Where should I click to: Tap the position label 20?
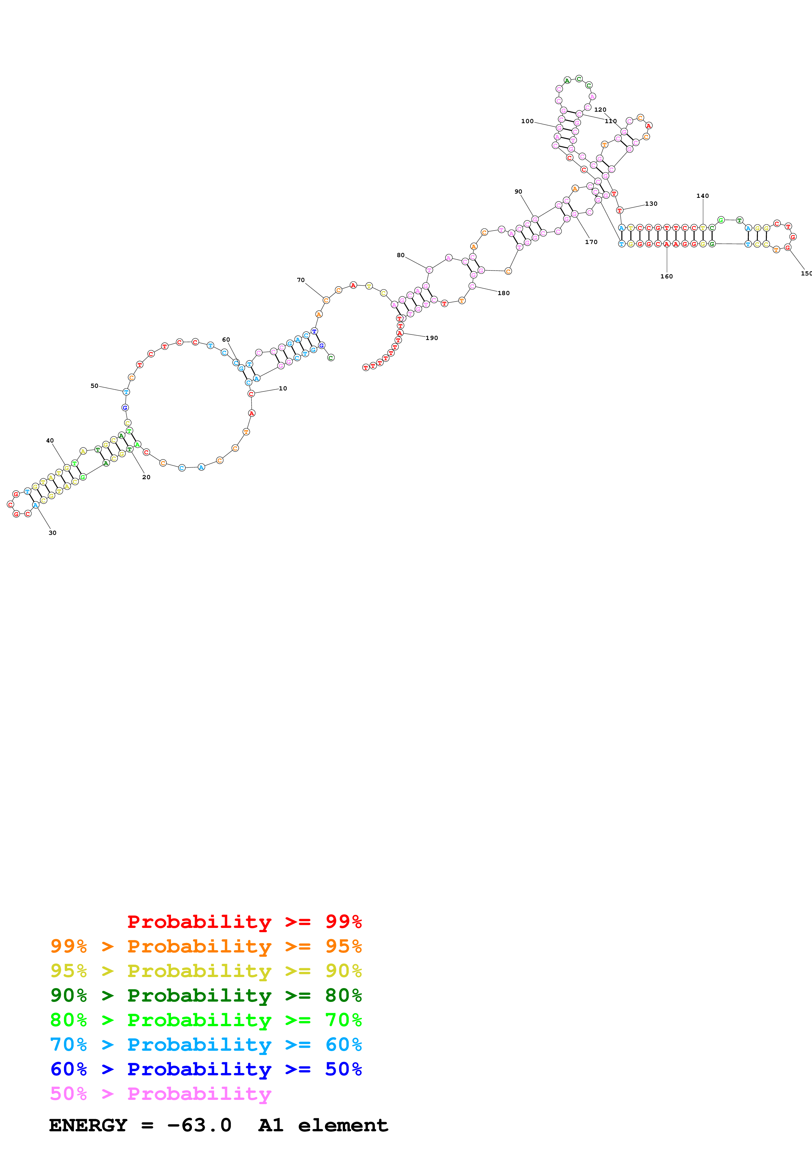(x=146, y=477)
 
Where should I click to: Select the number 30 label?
(x=52, y=533)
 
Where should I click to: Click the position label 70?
(x=301, y=280)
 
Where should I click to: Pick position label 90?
(x=518, y=192)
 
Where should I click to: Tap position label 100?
(x=527, y=121)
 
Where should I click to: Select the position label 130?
(x=651, y=204)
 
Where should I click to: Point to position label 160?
(x=667, y=276)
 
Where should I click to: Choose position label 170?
(x=591, y=242)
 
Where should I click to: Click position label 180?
(x=504, y=293)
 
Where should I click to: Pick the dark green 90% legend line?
(x=206, y=995)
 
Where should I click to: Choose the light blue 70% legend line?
(x=206, y=1045)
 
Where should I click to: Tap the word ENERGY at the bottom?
(x=88, y=1125)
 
